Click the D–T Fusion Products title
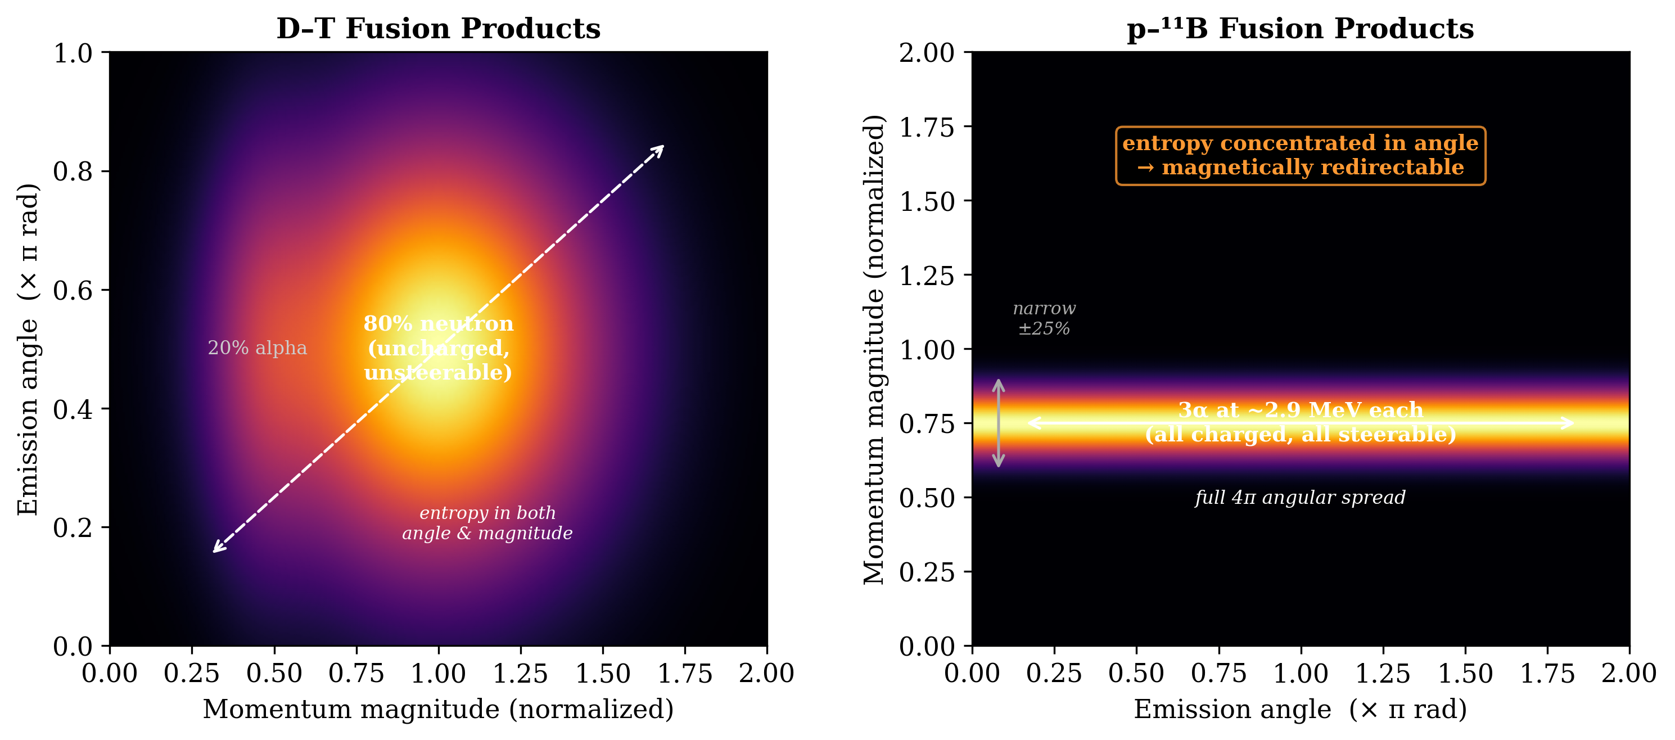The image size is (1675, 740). (x=438, y=29)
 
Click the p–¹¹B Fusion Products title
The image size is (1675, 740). (x=1301, y=29)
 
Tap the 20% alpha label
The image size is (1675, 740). (x=257, y=348)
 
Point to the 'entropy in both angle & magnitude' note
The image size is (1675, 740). (x=487, y=523)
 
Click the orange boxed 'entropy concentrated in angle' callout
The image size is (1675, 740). (x=1301, y=155)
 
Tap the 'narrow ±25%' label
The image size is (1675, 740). (x=1044, y=318)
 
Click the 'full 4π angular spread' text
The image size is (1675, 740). (x=1301, y=498)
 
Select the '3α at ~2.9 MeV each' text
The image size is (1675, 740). (x=1301, y=410)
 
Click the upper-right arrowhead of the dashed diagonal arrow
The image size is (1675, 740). (x=661, y=148)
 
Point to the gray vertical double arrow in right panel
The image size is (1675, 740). (x=999, y=423)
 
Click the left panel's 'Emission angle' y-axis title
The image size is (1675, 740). (x=29, y=349)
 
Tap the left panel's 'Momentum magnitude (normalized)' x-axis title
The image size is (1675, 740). (x=438, y=709)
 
